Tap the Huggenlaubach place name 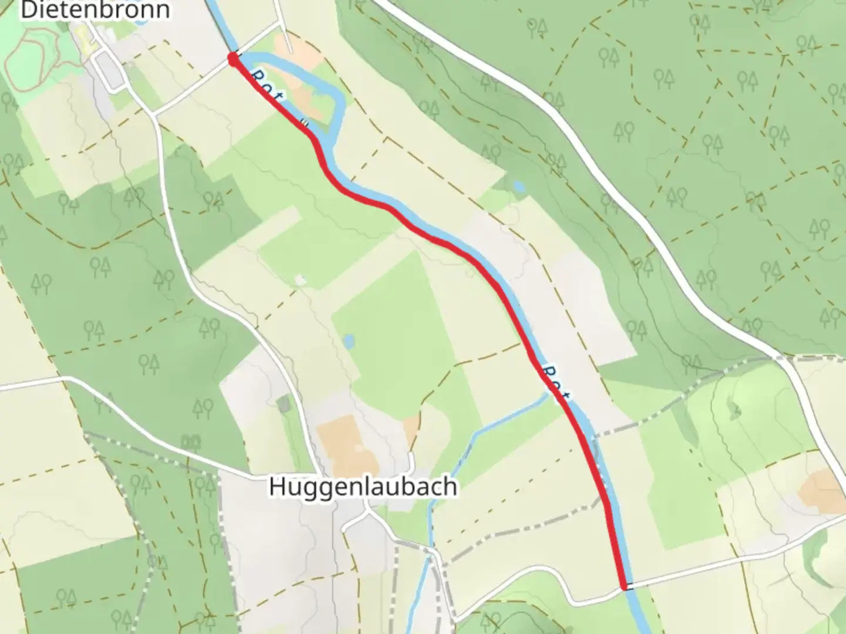pos(362,487)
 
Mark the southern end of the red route pos(623,585)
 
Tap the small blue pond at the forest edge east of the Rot pos(518,187)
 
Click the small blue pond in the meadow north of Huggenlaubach pos(349,340)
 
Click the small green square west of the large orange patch pos(284,403)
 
